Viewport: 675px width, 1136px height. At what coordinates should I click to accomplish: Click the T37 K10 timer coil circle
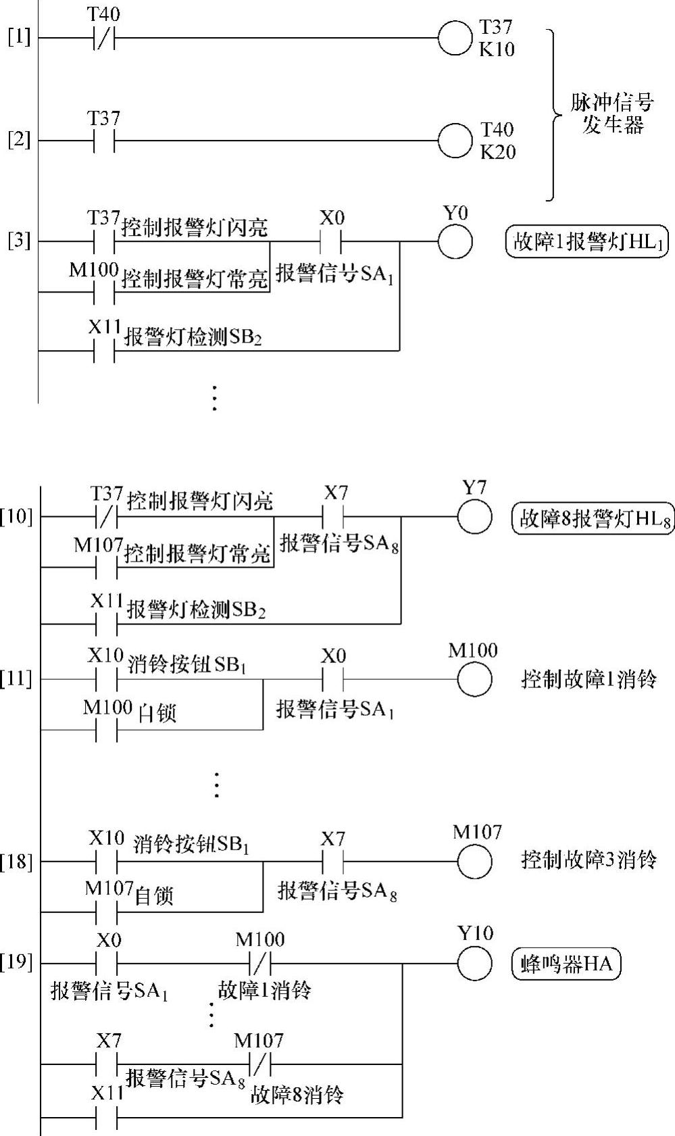point(454,38)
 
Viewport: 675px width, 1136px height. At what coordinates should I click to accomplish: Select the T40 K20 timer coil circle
point(455,141)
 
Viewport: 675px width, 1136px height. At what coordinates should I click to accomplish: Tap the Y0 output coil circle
point(455,241)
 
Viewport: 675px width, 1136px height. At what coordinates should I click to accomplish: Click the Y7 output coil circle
point(474,517)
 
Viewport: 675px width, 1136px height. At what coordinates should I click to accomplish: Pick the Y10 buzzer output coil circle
point(474,962)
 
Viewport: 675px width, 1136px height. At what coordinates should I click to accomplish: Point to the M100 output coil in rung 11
point(474,679)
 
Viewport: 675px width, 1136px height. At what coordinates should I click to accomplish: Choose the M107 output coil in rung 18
point(474,862)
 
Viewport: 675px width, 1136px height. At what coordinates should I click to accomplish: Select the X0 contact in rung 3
point(331,241)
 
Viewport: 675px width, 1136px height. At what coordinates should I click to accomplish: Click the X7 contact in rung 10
point(334,517)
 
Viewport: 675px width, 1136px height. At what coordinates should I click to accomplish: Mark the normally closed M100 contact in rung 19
point(260,962)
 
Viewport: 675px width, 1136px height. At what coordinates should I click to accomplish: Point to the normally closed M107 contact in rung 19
point(260,1064)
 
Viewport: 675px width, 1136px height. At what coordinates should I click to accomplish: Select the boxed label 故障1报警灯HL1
point(586,242)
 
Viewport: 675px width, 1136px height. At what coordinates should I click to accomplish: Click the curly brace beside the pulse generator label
point(555,115)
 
